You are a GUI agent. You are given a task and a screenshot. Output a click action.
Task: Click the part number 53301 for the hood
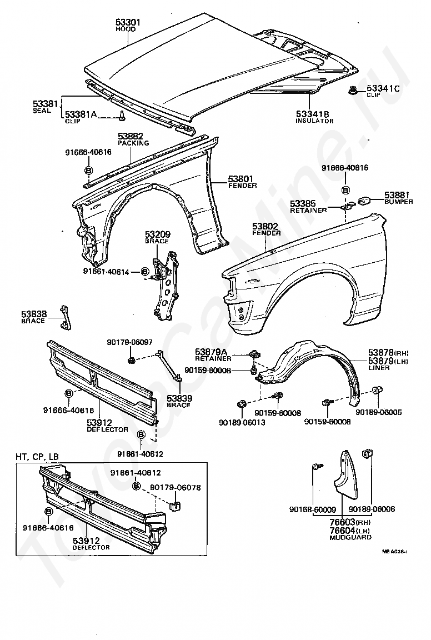coord(128,22)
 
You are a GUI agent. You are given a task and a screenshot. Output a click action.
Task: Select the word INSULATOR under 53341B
coord(315,121)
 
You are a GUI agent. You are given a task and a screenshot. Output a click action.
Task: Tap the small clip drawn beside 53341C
coord(352,90)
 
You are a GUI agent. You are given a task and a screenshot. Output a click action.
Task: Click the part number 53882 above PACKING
coord(131,136)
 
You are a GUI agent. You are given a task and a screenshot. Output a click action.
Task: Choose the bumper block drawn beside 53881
coord(364,201)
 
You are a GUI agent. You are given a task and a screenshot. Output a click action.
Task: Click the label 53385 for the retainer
coord(303,203)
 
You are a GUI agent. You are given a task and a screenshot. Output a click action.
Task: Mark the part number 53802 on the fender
coord(265,226)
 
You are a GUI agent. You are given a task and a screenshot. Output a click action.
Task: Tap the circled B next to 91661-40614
coord(144,271)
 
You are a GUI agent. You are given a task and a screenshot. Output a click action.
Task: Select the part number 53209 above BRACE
coord(158,234)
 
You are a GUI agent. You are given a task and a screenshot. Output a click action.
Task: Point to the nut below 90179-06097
coord(131,360)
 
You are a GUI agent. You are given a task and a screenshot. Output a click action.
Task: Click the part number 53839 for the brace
coord(179,398)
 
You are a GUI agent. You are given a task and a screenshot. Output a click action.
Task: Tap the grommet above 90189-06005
coord(378,390)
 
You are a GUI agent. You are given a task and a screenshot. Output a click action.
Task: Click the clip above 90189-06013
coord(241,404)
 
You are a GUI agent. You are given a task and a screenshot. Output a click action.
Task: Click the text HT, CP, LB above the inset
coord(37,457)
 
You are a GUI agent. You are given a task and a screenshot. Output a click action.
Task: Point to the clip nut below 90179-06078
coord(176,506)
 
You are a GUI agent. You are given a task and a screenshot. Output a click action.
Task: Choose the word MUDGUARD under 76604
coord(350,538)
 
